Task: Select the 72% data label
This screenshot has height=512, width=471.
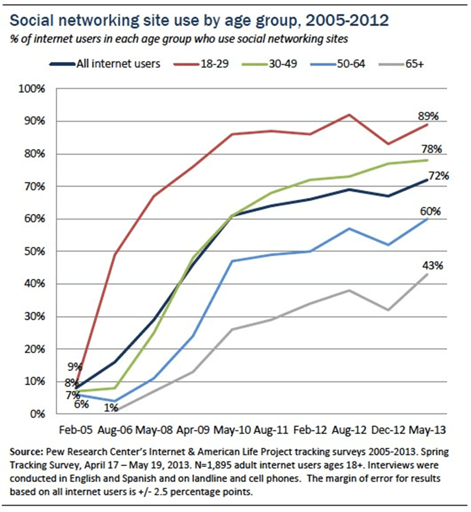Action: (439, 176)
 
